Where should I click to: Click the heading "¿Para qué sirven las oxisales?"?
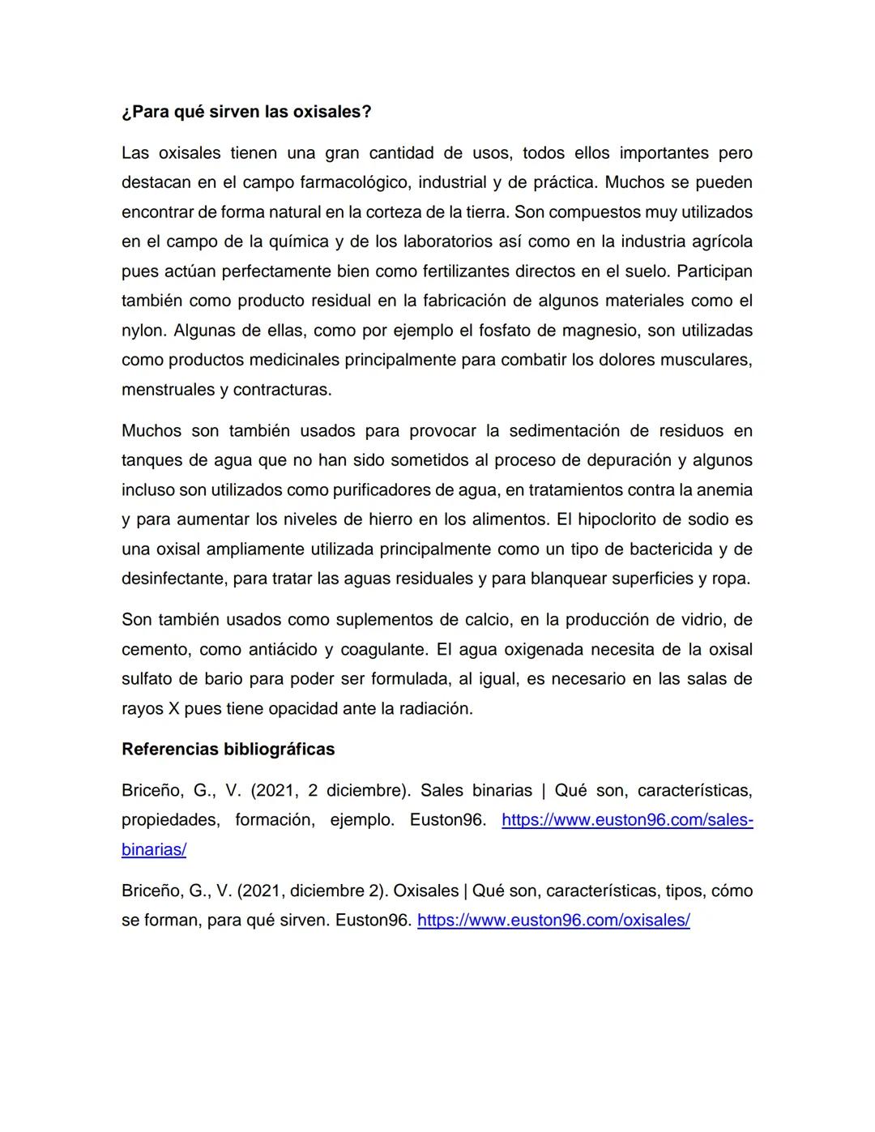coord(246,112)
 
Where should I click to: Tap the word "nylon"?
coord(143,331)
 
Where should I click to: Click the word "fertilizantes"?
coord(455,271)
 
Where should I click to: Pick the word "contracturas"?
coord(282,390)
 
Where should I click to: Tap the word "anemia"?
coord(723,490)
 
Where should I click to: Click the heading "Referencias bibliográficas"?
coord(228,750)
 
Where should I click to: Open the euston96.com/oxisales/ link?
coord(553,921)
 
